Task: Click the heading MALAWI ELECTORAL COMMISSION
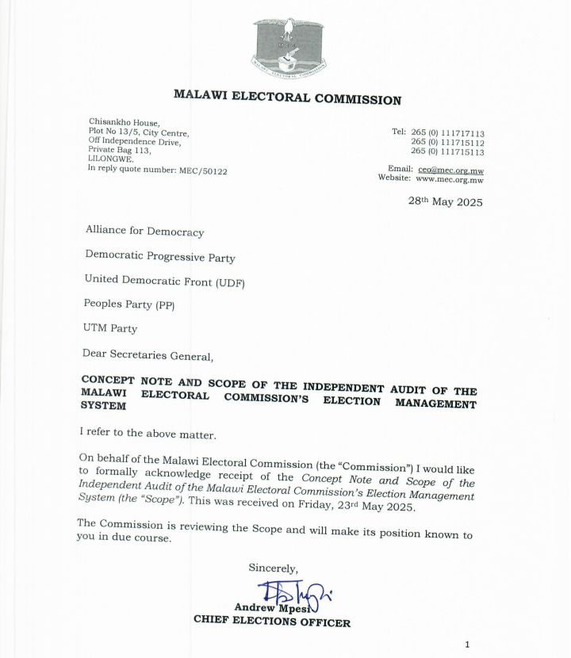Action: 287,99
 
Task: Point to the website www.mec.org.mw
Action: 450,179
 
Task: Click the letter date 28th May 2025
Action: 445,201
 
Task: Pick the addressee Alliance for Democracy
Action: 144,232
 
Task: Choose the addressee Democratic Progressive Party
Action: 159,257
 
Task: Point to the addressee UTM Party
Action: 110,327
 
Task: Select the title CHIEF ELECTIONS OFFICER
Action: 272,622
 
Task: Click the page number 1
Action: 468,644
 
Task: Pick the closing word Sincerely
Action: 274,568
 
